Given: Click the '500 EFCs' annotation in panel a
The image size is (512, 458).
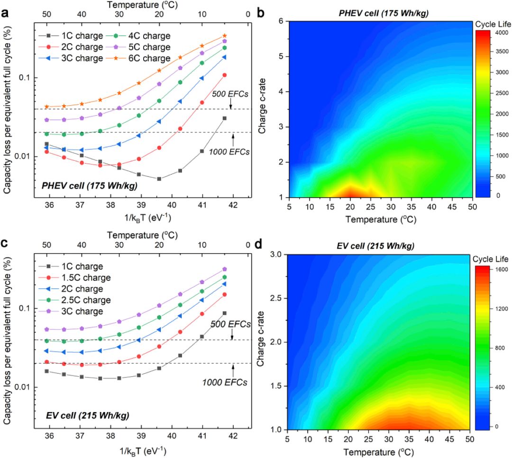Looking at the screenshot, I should pyautogui.click(x=231, y=94).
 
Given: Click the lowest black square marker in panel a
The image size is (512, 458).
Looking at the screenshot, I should pyautogui.click(x=159, y=179).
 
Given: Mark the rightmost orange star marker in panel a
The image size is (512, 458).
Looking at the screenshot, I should pyautogui.click(x=224, y=36).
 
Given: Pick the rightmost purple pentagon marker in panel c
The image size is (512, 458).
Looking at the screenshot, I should pyautogui.click(x=224, y=269).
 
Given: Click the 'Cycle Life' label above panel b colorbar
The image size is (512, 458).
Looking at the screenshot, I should pyautogui.click(x=491, y=23).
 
